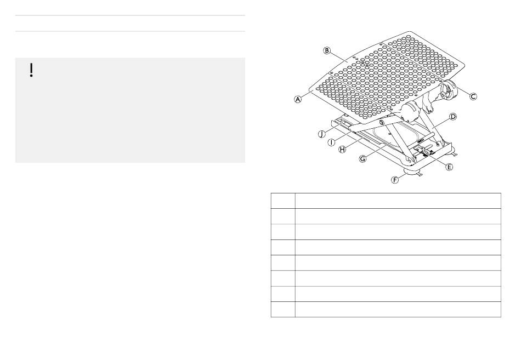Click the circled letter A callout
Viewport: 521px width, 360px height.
[298, 100]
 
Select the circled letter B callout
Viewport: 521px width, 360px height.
[327, 50]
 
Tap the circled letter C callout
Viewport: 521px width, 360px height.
[473, 96]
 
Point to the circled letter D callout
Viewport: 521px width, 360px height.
[453, 117]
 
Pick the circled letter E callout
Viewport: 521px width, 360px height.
[449, 167]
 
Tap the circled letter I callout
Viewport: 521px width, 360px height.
[331, 141]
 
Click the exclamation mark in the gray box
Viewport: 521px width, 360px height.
[32, 70]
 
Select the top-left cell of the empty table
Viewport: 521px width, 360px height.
[283, 200]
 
